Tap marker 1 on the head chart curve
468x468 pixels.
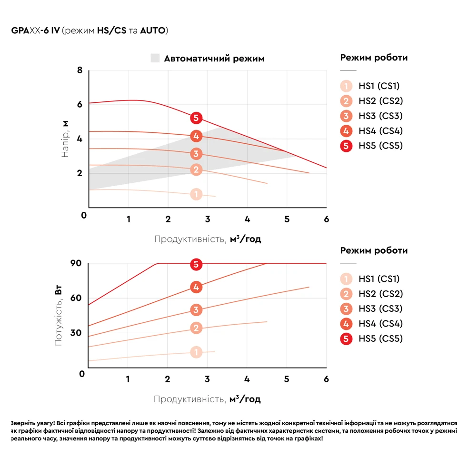(196, 194)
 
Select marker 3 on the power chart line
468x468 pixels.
(196, 310)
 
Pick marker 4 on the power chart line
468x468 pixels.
(196, 287)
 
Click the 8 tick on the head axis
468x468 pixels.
(80, 70)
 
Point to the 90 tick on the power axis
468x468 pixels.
(76, 263)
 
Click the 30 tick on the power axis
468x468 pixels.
(76, 332)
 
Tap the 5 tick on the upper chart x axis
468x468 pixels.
(287, 219)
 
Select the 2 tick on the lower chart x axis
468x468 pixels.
(167, 379)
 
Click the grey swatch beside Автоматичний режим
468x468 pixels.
(155, 59)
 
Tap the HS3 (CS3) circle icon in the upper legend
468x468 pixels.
(347, 116)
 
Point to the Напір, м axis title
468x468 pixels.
(66, 139)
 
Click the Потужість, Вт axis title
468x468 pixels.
(59, 316)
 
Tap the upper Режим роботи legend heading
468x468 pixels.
(374, 58)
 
